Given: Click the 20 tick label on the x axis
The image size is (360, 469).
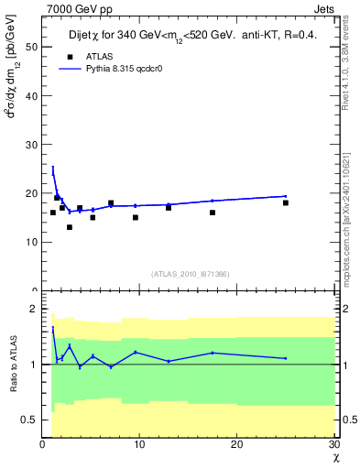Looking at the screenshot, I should coord(236,445).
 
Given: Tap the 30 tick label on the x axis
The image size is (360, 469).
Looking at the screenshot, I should coord(333,445).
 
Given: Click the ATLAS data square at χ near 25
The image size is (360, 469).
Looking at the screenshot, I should coord(286,202).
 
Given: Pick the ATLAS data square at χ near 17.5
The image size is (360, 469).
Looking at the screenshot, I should coord(213,213).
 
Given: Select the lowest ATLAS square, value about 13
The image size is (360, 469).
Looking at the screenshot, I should coord(69,227).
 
